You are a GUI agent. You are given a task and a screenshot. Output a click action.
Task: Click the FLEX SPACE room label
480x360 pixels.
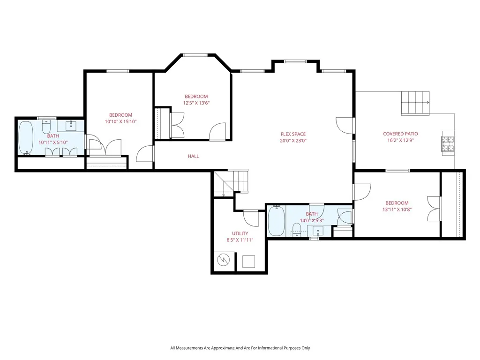point(293,134)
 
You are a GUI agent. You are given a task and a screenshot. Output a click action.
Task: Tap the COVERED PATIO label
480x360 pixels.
point(400,134)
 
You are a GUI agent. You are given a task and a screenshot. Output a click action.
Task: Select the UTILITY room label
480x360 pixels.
point(240,233)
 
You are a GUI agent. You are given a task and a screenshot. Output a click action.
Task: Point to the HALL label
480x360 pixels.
point(193,156)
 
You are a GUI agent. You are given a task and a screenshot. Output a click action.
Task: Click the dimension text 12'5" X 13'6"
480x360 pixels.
point(196,103)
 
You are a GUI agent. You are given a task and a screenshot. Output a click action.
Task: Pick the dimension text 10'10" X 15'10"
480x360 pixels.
point(120,121)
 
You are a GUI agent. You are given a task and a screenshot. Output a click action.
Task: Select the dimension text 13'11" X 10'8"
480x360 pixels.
point(397,210)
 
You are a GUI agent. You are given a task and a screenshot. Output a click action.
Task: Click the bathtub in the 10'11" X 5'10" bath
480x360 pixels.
point(26,138)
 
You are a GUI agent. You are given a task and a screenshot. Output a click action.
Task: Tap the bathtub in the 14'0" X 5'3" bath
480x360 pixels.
point(277,221)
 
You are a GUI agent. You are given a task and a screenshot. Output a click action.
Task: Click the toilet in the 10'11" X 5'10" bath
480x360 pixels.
point(46,126)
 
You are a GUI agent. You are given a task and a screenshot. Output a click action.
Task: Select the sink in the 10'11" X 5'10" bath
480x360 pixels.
point(71,126)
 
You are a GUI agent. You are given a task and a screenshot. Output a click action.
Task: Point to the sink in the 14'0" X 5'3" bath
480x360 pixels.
point(318,231)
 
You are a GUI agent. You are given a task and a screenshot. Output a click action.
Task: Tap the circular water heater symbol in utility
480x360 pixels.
point(224,260)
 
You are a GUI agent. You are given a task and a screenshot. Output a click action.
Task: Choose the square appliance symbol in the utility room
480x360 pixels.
point(248,262)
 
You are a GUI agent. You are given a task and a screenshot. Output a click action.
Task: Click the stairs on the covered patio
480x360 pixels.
point(415,103)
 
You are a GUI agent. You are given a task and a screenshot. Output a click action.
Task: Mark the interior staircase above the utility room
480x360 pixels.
point(231,183)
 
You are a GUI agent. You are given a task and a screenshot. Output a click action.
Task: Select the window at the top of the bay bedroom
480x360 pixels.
point(195,55)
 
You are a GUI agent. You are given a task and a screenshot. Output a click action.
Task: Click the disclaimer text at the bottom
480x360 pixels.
point(240,348)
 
